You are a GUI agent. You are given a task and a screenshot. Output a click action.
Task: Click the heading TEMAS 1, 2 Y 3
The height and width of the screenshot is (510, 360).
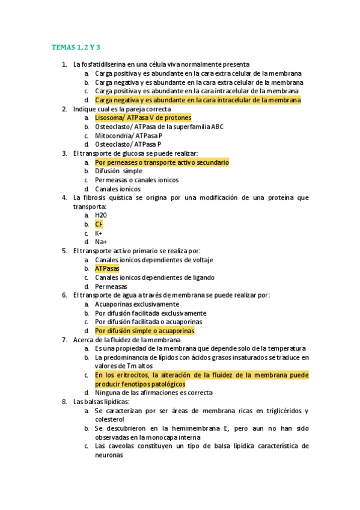75,46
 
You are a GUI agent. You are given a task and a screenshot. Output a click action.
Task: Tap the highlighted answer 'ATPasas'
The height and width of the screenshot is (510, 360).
107,268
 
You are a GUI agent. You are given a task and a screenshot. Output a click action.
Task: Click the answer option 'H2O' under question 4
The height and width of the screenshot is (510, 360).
101,215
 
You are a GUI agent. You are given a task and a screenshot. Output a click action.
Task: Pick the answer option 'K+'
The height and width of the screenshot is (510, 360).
99,233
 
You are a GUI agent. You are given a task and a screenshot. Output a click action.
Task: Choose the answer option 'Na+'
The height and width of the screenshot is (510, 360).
100,242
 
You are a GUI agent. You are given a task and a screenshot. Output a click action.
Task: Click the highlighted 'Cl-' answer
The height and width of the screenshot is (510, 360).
99,224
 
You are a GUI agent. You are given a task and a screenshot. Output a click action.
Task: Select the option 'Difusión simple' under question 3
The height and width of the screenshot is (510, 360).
118,171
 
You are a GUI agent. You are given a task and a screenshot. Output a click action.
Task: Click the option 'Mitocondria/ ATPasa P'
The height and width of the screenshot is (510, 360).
129,135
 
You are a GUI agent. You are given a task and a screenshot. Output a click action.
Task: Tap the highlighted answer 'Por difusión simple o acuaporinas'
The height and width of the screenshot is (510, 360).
144,331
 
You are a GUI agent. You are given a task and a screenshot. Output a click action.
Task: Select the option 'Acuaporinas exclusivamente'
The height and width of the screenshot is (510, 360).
137,304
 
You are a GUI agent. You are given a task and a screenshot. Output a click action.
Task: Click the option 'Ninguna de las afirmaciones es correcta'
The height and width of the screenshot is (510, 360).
153,393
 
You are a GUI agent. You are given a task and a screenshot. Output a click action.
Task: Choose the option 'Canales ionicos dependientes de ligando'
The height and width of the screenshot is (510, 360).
154,277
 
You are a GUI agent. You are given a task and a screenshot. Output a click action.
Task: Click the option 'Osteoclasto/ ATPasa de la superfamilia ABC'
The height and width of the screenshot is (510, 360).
159,127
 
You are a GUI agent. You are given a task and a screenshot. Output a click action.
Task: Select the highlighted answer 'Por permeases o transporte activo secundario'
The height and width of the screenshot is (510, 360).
162,162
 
